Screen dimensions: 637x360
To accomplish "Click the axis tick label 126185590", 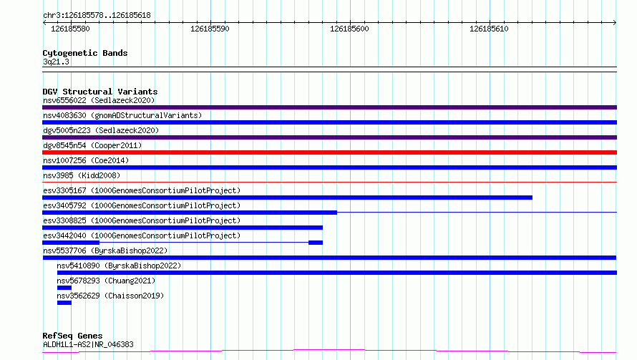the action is [210, 29].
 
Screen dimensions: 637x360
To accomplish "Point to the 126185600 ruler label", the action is [349, 29].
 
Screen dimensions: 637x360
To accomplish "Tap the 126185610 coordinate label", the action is [489, 29].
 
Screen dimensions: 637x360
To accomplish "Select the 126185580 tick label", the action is [70, 29].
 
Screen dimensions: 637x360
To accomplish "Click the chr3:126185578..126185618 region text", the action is [97, 15].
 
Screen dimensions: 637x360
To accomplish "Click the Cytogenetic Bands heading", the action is [85, 53].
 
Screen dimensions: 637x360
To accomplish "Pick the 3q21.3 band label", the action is [56, 62].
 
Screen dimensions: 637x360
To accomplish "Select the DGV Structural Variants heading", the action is [100, 92].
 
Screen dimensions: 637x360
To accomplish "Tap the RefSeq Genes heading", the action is [72, 336].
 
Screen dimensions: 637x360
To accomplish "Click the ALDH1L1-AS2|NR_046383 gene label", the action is [88, 344].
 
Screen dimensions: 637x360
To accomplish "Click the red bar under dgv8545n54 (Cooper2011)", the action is [329, 152].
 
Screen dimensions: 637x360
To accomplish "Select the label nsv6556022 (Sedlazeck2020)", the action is [99, 100].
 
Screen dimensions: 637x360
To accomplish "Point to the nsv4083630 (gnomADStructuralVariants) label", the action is [122, 115].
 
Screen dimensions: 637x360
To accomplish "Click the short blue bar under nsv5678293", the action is [64, 288].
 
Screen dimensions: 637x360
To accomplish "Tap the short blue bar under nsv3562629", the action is [64, 303].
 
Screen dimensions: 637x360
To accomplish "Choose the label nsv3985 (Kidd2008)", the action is [82, 175].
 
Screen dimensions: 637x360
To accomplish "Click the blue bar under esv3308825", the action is [183, 228].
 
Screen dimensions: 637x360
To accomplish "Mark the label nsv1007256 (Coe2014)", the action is [86, 160].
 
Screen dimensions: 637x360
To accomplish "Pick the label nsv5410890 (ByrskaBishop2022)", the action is [119, 266].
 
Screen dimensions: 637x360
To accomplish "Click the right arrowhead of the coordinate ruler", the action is [615, 22].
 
